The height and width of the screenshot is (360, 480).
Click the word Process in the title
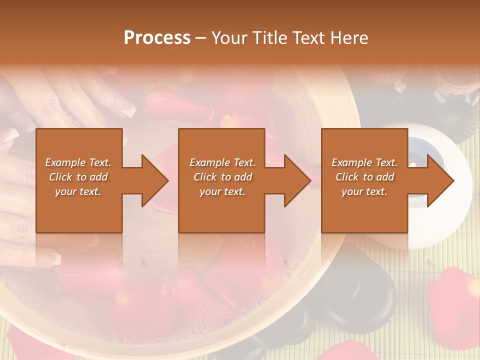pyautogui.click(x=157, y=38)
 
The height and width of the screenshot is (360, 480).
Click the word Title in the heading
pyautogui.click(x=268, y=38)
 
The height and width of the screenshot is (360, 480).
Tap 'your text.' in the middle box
pyautogui.click(x=222, y=192)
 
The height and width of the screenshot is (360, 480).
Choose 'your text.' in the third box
pyautogui.click(x=364, y=192)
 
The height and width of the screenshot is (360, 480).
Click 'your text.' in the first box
pyautogui.click(x=78, y=192)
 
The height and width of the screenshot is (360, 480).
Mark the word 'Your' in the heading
pyautogui.click(x=228, y=38)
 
